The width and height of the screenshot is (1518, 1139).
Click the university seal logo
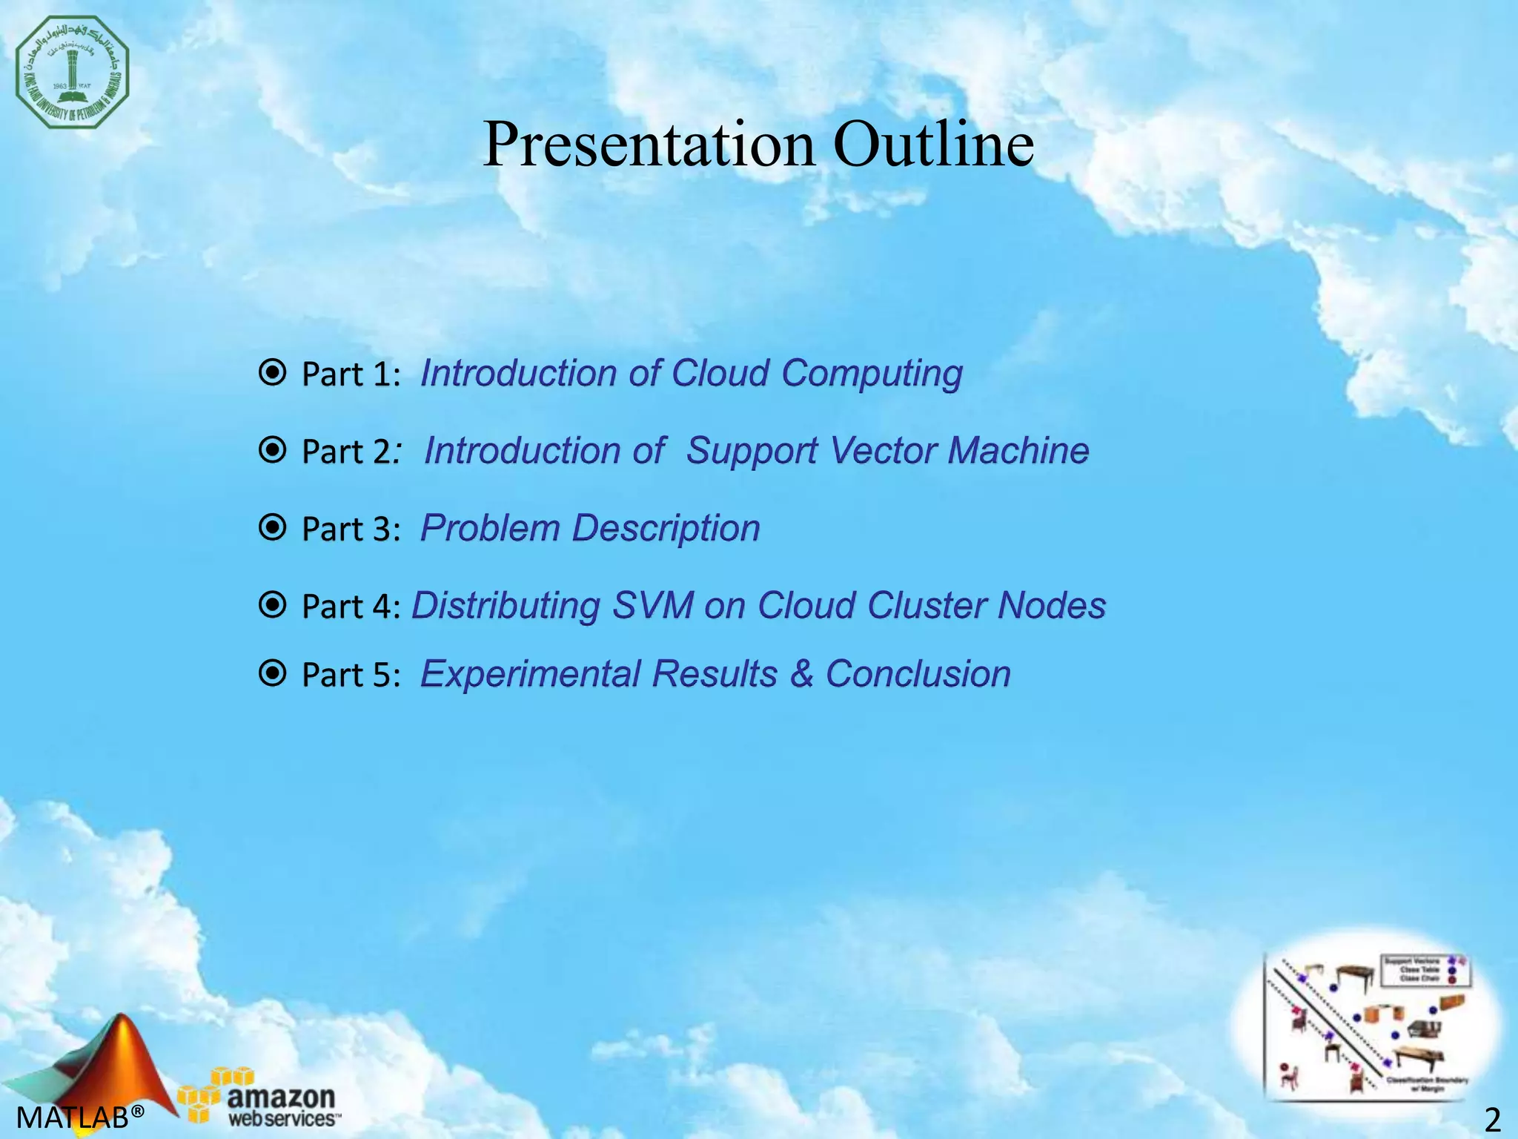pos(72,71)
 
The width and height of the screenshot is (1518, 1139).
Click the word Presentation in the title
pos(649,144)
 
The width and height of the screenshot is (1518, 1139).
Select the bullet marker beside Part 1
pos(273,372)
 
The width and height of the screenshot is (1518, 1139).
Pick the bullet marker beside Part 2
pos(273,449)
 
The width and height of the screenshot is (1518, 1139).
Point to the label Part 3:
pos(351,529)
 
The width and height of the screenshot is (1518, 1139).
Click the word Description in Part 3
pos(666,528)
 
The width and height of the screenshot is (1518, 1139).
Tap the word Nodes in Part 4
pos(1051,605)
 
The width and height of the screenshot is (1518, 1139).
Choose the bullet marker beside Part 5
pos(273,673)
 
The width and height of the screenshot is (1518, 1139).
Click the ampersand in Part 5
pos(801,674)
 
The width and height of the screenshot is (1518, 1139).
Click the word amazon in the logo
pos(281,1096)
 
